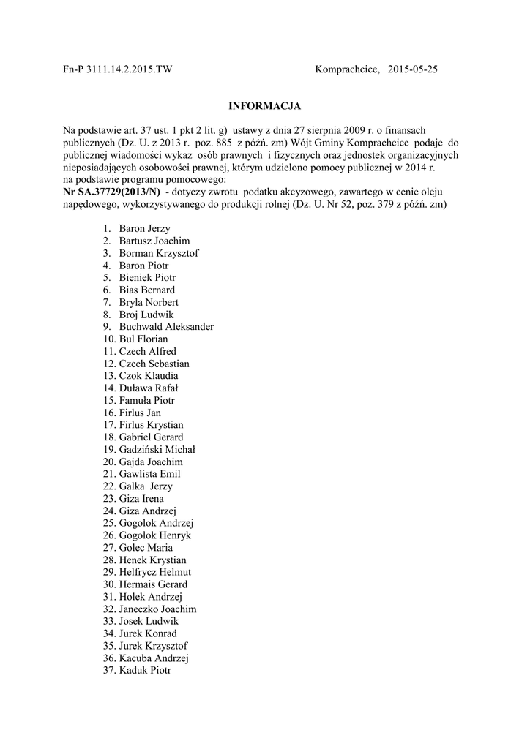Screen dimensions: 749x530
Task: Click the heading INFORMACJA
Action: [264, 106]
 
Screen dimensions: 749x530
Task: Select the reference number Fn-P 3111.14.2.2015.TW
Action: [117, 69]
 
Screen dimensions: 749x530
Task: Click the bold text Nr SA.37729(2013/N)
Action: [111, 192]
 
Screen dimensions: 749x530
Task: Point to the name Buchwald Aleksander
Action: [165, 327]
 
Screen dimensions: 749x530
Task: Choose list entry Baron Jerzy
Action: [144, 229]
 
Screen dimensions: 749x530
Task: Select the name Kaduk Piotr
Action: [145, 670]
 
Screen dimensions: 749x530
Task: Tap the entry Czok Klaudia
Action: [148, 376]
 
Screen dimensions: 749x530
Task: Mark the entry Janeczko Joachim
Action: [157, 609]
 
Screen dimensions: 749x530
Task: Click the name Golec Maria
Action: [146, 548]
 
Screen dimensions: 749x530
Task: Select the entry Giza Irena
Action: [142, 499]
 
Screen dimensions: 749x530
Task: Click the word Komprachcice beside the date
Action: [347, 69]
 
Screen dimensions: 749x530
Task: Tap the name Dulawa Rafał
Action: [149, 388]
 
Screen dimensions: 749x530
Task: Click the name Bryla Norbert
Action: [149, 302]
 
